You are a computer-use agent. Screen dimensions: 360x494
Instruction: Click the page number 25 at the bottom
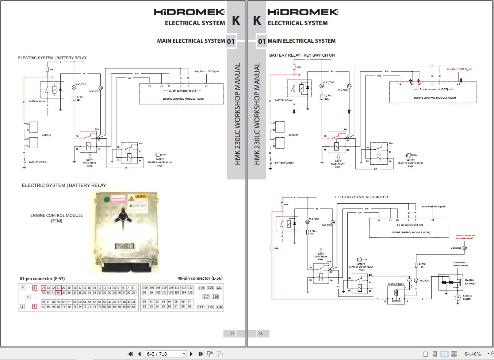coord(232,333)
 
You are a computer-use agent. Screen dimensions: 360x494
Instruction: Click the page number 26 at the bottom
coord(260,333)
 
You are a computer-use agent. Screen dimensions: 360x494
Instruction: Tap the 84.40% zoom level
coord(472,354)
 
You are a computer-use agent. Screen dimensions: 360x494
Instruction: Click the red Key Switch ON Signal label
coord(459,69)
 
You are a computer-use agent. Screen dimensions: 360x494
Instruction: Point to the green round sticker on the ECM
coord(107,199)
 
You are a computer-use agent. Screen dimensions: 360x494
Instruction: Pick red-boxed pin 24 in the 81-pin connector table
coord(43,288)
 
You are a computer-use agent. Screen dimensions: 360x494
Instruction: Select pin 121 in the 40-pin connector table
coord(219,288)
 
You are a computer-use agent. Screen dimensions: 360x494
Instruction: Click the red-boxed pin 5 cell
coord(35,288)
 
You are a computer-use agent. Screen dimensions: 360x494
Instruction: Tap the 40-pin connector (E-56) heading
coord(200,278)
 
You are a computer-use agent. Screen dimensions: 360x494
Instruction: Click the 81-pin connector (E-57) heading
coord(42,279)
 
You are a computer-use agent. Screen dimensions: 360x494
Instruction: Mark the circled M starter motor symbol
coord(457,298)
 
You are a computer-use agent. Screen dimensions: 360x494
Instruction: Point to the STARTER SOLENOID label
coord(470,282)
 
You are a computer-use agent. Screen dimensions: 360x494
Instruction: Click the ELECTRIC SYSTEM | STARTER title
coord(361,197)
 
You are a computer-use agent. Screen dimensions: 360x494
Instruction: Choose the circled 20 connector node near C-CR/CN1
coord(464,248)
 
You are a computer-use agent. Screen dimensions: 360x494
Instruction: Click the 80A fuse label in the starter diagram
coord(276,248)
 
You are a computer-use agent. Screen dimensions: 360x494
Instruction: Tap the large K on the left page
coord(236,20)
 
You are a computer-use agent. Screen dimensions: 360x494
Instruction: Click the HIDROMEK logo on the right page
coord(303,12)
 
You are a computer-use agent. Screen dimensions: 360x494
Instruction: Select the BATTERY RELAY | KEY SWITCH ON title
coord(302,55)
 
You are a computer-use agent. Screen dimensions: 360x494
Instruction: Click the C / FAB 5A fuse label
coord(422,265)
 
